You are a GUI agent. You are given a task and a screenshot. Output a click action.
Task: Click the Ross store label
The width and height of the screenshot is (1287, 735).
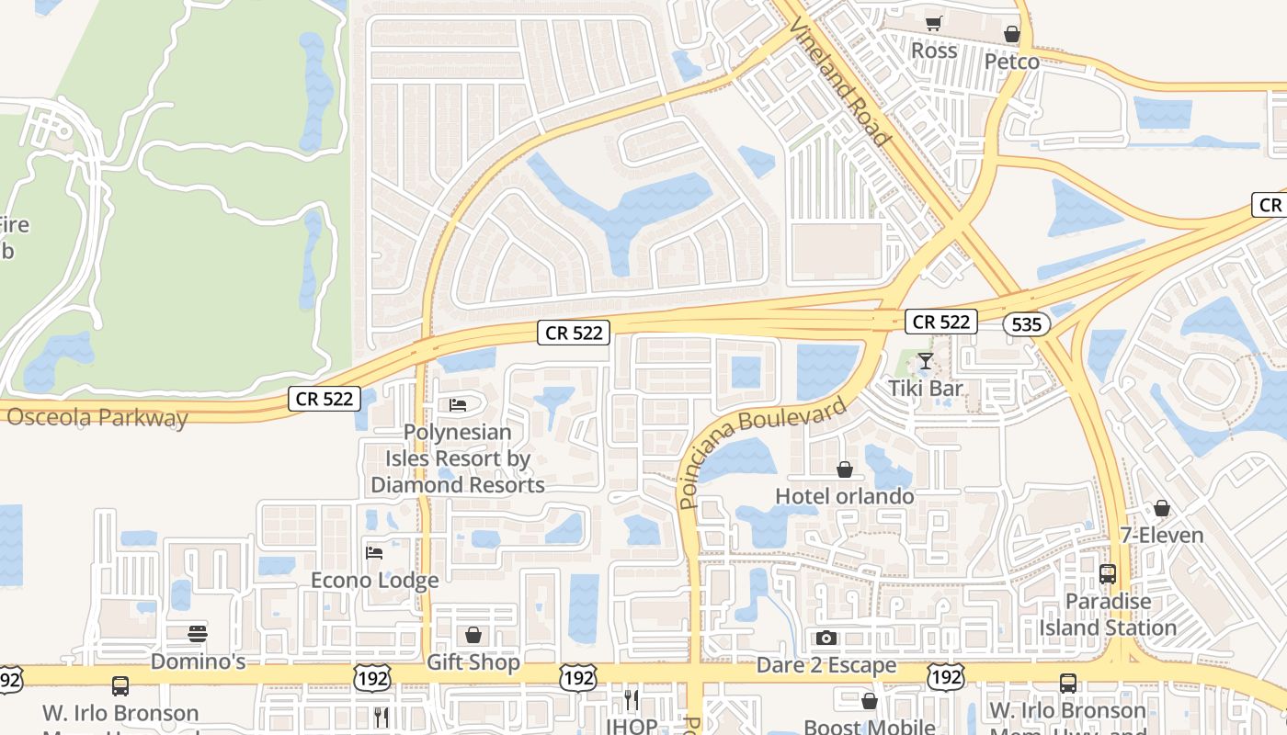tap(934, 51)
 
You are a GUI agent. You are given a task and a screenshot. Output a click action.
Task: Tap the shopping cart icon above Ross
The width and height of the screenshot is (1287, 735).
tap(934, 24)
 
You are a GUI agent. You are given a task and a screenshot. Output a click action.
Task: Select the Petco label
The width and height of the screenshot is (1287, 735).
tap(1011, 62)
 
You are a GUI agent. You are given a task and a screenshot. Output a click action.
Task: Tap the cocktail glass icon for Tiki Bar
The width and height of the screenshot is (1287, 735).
tap(926, 362)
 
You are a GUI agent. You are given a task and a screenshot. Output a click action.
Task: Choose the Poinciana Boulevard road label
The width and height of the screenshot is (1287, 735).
tap(762, 452)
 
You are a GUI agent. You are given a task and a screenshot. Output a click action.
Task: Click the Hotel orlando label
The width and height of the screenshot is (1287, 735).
tap(845, 496)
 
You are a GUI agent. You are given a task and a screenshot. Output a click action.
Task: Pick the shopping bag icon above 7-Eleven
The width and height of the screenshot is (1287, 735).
tap(1162, 508)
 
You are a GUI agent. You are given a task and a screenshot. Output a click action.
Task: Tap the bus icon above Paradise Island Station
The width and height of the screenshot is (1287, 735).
tap(1108, 574)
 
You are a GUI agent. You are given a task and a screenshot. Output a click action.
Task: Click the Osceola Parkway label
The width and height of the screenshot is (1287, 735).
tap(97, 417)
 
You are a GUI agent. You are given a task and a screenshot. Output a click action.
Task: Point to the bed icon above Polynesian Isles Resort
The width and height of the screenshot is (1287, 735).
tap(458, 405)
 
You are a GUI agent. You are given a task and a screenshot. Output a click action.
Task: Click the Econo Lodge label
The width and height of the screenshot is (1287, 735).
tap(374, 580)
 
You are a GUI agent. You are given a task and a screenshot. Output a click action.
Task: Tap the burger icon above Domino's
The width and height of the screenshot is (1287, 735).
tap(198, 633)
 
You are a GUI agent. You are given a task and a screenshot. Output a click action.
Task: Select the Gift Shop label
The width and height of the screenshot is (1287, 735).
tap(473, 661)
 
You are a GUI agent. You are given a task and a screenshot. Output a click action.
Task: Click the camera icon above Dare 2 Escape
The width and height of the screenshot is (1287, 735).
tap(826, 638)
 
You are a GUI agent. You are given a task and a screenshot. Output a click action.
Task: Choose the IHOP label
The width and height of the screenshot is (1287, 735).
tap(632, 726)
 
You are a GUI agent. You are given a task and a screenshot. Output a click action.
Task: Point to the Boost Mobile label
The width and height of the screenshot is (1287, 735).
tap(869, 727)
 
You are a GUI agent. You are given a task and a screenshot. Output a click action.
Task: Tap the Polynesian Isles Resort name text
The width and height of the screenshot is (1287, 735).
tap(458, 458)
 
